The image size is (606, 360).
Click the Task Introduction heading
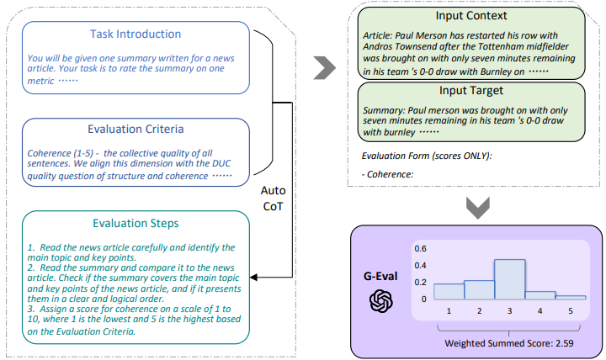pos(136,34)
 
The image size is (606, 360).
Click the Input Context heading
pos(471,16)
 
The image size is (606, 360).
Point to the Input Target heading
pos(471,90)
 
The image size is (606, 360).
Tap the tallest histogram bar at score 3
pos(510,278)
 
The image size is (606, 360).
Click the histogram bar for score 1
pos(449,291)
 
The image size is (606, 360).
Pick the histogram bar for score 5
pos(571,297)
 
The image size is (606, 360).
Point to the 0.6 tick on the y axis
pos(420,248)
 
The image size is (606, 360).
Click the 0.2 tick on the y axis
pos(420,283)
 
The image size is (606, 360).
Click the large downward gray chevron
pos(477,208)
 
